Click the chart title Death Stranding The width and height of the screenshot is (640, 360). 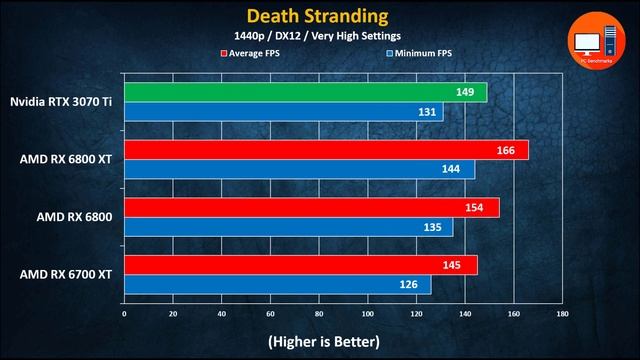pyautogui.click(x=319, y=16)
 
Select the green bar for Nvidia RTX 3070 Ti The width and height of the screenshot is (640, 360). pyautogui.click(x=305, y=93)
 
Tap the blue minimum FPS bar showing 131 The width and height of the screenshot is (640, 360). pyautogui.click(x=283, y=113)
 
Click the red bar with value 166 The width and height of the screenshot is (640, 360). pyautogui.click(x=326, y=150)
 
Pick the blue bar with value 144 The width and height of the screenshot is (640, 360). pyautogui.click(x=299, y=170)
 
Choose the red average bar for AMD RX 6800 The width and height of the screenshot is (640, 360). pyautogui.click(x=311, y=207)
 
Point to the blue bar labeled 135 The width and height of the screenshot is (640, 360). pyautogui.click(x=288, y=227)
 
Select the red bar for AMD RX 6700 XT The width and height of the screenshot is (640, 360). pyautogui.click(x=300, y=264)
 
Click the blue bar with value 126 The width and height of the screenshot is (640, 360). pyautogui.click(x=277, y=284)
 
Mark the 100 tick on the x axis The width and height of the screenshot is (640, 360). pyautogui.click(x=367, y=313)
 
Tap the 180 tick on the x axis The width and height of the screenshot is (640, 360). pyautogui.click(x=562, y=313)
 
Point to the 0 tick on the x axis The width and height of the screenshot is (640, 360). pyautogui.click(x=124, y=313)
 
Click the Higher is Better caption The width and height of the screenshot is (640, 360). pyautogui.click(x=323, y=341)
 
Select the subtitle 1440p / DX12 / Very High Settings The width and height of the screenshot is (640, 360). pyautogui.click(x=319, y=37)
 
